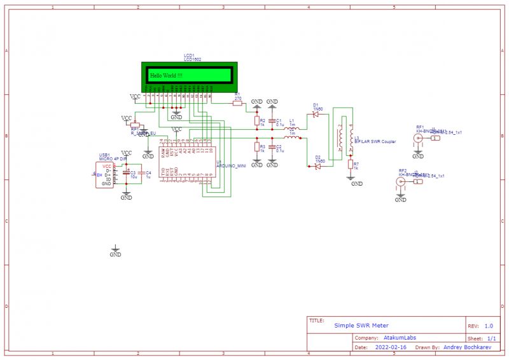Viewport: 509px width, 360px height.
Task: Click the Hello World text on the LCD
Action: (166, 76)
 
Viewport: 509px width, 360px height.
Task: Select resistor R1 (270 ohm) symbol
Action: (238, 104)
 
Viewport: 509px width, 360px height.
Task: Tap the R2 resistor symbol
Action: (256, 121)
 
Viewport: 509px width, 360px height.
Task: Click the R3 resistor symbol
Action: (256, 147)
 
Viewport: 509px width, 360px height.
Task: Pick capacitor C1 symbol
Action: (272, 121)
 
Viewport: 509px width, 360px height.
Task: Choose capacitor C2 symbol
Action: (272, 147)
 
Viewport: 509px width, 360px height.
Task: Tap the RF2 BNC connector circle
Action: (400, 182)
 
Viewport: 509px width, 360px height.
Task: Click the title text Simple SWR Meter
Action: (361, 325)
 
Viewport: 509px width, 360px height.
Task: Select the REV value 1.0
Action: (489, 325)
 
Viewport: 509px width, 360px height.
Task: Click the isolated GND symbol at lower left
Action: (115, 249)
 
